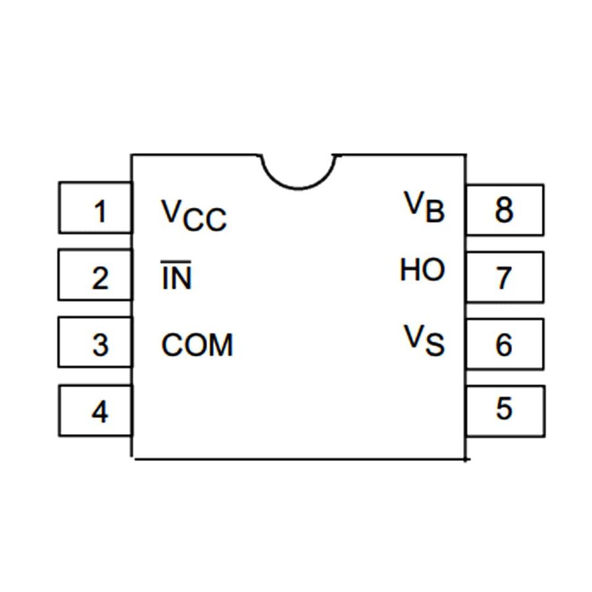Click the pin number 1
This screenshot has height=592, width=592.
[100, 212]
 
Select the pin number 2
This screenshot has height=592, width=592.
[100, 279]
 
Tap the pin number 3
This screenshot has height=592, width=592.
[100, 345]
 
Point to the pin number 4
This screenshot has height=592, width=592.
[100, 412]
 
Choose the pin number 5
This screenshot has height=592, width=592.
[504, 408]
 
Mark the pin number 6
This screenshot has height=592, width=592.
[504, 344]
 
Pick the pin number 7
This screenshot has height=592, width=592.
[504, 278]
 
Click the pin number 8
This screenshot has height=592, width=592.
[504, 211]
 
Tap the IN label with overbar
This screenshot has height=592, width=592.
[176, 278]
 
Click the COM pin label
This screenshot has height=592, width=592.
[197, 345]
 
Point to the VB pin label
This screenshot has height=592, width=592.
[424, 207]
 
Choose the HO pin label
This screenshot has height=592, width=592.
[422, 270]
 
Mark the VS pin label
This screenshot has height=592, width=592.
[424, 341]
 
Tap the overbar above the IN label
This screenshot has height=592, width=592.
[176, 263]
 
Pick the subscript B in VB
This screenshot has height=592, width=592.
[435, 212]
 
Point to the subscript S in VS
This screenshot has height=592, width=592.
[435, 346]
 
